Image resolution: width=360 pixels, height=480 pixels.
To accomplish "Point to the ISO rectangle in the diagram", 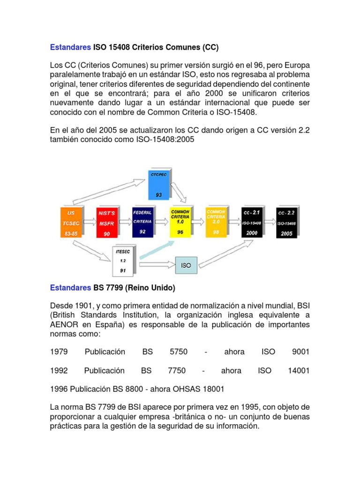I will click(x=186, y=265).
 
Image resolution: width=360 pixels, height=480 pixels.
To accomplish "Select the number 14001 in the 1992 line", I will click(x=299, y=370).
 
